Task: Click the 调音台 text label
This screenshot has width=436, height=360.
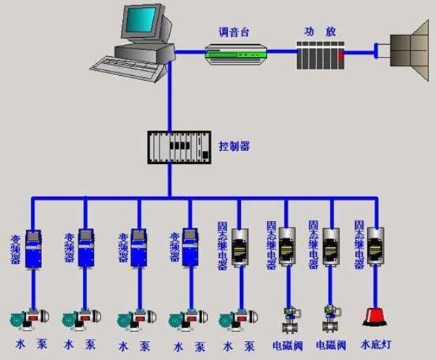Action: tap(234, 33)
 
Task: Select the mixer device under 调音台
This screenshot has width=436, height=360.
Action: tap(237, 53)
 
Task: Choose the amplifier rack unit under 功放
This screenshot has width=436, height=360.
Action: tap(320, 53)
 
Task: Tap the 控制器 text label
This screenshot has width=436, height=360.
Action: tap(234, 147)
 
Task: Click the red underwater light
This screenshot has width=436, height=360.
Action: tap(376, 317)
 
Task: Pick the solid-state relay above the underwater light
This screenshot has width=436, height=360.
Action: tap(376, 246)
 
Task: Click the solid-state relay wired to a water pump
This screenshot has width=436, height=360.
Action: tap(239, 246)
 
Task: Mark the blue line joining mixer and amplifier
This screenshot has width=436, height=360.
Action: tap(282, 51)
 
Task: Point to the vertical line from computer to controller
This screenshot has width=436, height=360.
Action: tap(169, 98)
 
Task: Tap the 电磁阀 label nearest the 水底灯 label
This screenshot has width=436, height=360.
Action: tap(331, 345)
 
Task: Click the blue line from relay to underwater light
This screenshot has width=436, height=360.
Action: tap(378, 284)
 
